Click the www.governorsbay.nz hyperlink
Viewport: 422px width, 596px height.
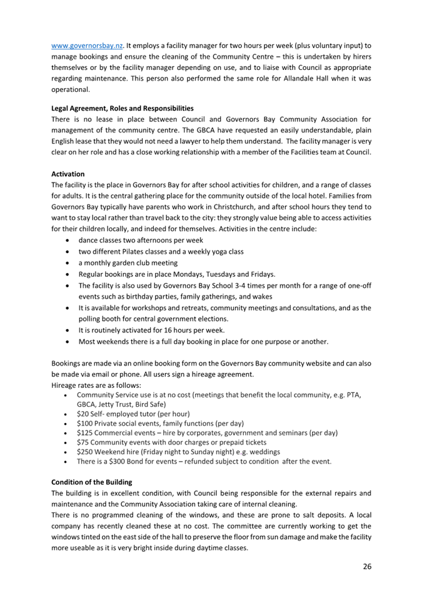(x=86, y=46)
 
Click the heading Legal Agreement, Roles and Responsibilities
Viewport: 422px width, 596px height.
(x=122, y=108)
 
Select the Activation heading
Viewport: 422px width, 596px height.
(x=68, y=174)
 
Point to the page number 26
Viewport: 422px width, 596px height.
(x=367, y=566)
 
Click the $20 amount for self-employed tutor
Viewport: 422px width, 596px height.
(x=83, y=414)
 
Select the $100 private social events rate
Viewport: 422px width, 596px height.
(x=84, y=423)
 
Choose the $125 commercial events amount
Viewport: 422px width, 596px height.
(x=84, y=432)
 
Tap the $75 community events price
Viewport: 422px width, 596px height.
(x=83, y=442)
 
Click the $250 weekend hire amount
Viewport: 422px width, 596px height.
(x=84, y=452)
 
